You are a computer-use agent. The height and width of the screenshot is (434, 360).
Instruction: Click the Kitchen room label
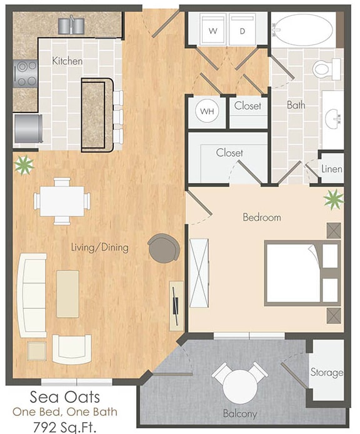tap(67, 61)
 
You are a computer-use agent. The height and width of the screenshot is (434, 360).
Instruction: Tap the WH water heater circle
tap(206, 112)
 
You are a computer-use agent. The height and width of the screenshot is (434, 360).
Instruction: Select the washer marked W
tap(212, 30)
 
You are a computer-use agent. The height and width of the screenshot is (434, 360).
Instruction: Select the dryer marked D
tap(242, 30)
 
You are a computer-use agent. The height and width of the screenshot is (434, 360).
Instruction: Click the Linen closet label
tap(331, 169)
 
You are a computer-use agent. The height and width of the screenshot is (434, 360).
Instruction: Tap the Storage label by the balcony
tap(327, 373)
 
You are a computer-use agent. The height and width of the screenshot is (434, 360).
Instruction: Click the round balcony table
tap(240, 383)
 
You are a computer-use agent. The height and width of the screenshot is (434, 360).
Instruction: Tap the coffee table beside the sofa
tap(67, 293)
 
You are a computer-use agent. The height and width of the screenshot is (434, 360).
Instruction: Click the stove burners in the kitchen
tap(26, 72)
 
